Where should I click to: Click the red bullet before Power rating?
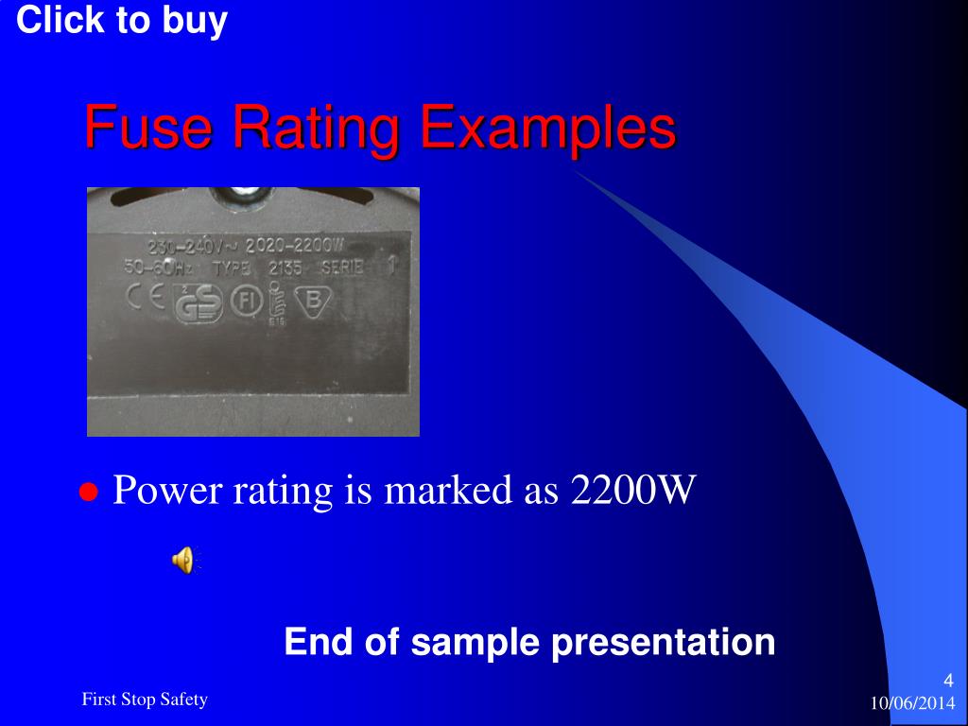89,492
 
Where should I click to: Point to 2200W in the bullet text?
633,491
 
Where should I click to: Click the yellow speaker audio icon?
183,560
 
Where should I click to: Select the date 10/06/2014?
912,704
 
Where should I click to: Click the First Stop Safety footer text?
145,700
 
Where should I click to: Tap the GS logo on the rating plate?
199,302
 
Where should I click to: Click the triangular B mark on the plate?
312,299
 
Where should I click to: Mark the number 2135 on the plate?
285,268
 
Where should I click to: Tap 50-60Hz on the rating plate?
158,268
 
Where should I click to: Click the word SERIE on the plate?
341,268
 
